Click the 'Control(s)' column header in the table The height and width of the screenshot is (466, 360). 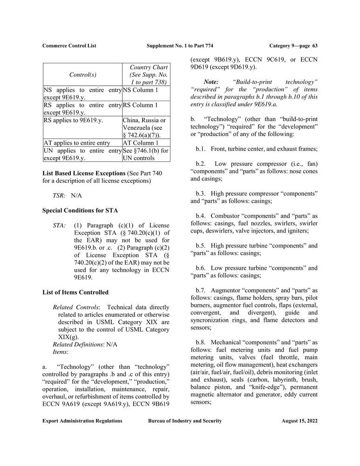pyautogui.click(x=82, y=75)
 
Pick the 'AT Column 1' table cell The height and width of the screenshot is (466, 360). pyautogui.click(x=141, y=143)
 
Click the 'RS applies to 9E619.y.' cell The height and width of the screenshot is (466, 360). pyautogui.click(x=73, y=121)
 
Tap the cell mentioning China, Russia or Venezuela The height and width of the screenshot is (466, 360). pyautogui.click(x=145, y=127)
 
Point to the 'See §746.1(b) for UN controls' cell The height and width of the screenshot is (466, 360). pyautogui.click(x=145, y=154)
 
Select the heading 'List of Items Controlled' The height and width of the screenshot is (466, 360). pyautogui.click(x=75, y=292)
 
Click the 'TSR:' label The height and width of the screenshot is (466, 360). pyautogui.click(x=59, y=196)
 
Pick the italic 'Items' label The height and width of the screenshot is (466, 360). pyautogui.click(x=61, y=352)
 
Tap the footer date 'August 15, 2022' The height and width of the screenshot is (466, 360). pyautogui.click(x=299, y=421)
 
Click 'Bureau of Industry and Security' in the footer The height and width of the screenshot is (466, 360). pyautogui.click(x=185, y=421)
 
